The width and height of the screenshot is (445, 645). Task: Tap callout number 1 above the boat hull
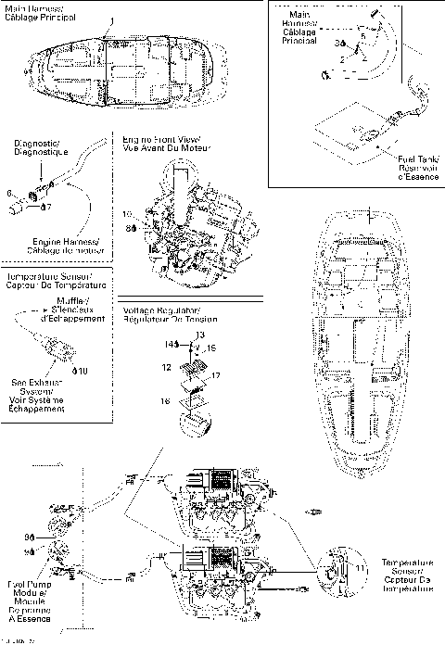[112, 21]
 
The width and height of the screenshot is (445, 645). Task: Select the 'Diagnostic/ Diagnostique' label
[37, 149]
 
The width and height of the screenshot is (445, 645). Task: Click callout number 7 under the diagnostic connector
[47, 206]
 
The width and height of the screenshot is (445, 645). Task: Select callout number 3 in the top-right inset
[339, 44]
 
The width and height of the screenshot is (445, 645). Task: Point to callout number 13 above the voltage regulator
[200, 333]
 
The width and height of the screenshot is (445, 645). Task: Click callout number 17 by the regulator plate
[215, 375]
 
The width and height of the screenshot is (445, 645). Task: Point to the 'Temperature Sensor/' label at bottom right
[408, 562]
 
